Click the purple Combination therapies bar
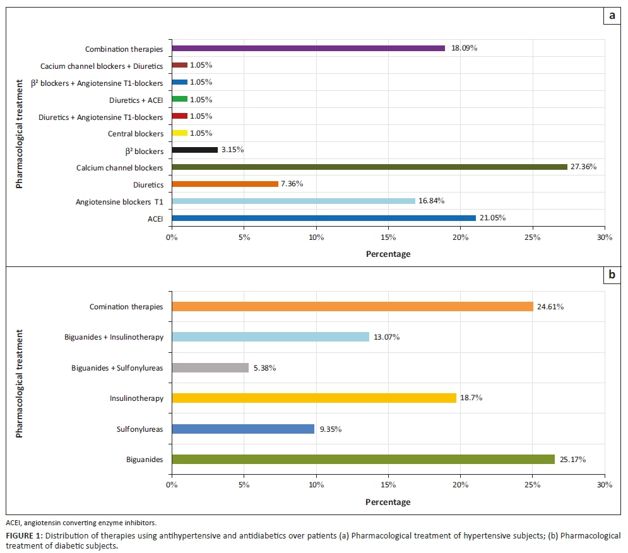click(308, 48)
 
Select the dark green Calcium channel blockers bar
click(369, 167)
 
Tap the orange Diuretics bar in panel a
click(225, 184)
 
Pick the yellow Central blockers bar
click(179, 133)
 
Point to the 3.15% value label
click(232, 150)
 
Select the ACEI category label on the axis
click(154, 218)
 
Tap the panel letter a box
click(612, 16)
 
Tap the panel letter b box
click(612, 276)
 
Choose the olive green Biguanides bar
click(363, 460)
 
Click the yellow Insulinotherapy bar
click(314, 398)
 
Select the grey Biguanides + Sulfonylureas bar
click(210, 367)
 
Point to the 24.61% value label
click(551, 307)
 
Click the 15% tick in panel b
click(388, 485)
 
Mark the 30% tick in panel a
click(604, 237)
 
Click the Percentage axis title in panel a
click(388, 254)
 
